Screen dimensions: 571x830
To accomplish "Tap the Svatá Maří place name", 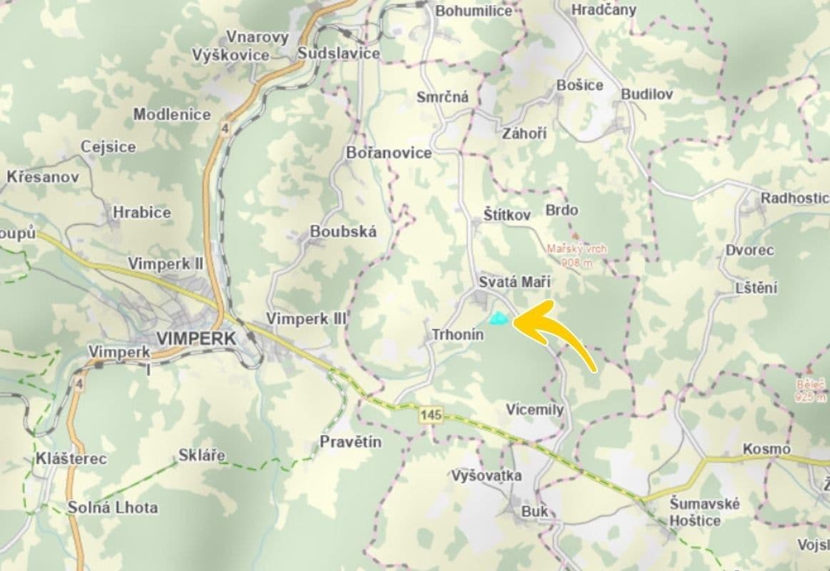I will click(x=505, y=282).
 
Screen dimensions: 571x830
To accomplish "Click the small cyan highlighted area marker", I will click(x=497, y=318).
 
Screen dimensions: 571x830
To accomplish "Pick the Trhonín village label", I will click(x=458, y=334).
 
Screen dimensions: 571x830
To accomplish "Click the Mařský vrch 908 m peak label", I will click(x=576, y=256).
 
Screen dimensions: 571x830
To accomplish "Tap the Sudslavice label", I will click(x=339, y=54).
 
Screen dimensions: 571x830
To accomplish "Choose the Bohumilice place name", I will click(x=474, y=11).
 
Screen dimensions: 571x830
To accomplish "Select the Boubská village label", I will click(x=343, y=232).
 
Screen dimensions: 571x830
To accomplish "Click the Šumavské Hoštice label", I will click(x=695, y=512).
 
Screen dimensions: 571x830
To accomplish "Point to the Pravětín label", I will click(x=351, y=442).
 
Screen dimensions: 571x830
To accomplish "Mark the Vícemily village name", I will click(x=535, y=410).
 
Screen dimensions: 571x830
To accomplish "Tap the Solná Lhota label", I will click(x=113, y=508).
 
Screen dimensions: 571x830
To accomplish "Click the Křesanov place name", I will click(x=43, y=176).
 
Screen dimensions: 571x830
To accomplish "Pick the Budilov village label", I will click(x=646, y=94).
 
